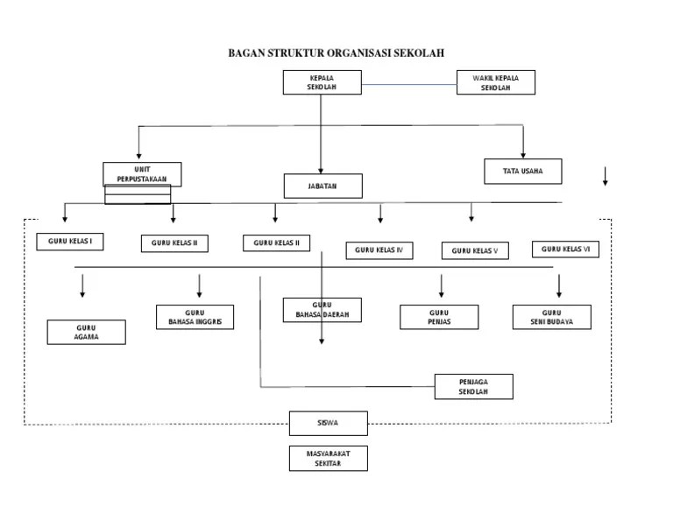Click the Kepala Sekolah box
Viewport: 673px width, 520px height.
click(322, 82)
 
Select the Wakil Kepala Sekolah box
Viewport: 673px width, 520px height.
click(495, 82)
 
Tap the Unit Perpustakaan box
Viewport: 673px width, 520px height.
click(142, 173)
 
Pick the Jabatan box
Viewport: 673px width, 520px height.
click(322, 186)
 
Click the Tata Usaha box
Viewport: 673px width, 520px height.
click(522, 172)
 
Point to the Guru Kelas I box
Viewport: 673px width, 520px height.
click(70, 241)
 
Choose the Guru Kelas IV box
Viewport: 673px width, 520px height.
click(379, 250)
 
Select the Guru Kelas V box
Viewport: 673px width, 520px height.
click(475, 251)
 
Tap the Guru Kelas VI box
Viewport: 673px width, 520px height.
click(565, 249)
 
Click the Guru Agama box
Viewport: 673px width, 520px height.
click(86, 332)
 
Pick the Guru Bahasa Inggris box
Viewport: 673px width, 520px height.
click(195, 317)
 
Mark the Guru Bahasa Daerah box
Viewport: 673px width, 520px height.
click(322, 310)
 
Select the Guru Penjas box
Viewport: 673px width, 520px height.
click(439, 317)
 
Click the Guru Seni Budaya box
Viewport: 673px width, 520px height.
click(551, 317)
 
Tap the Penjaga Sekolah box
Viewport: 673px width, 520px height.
click(473, 386)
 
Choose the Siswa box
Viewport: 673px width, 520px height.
click(328, 423)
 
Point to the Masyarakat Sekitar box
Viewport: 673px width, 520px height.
click(328, 458)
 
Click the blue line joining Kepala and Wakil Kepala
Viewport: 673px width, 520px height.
click(408, 85)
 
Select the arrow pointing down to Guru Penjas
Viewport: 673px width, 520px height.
click(441, 286)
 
